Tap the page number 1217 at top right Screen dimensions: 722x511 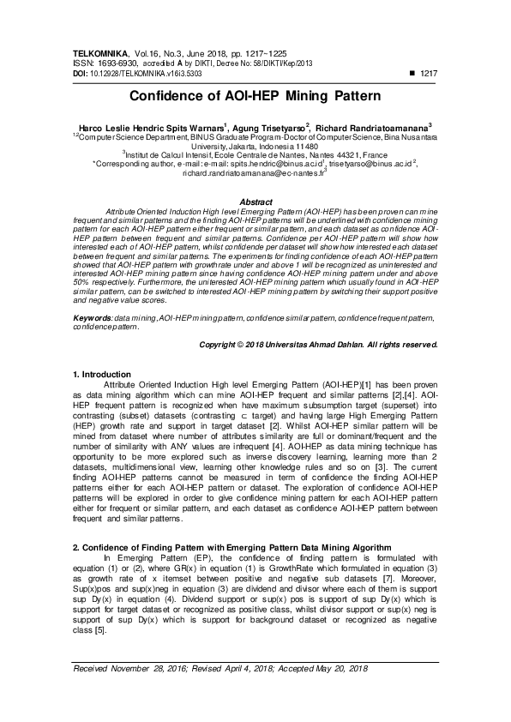click(425, 75)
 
